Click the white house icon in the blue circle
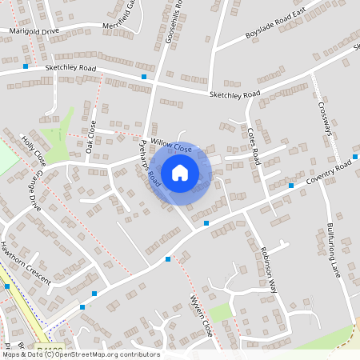[x=180, y=173]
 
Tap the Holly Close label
[x=34, y=150]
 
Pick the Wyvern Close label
[x=201, y=315]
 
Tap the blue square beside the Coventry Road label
[x=291, y=186]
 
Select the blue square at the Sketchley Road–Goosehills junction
[x=144, y=77]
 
